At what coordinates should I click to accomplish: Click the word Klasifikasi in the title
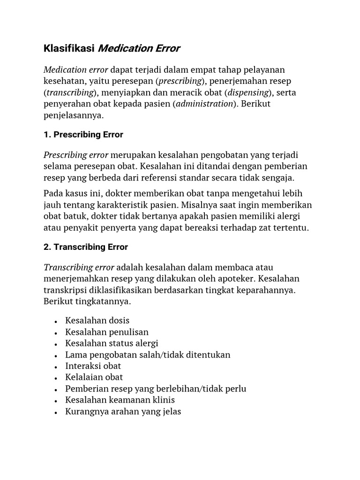(x=69, y=48)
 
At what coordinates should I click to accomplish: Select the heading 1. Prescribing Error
(x=83, y=135)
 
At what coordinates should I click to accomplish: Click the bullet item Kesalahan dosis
(x=97, y=321)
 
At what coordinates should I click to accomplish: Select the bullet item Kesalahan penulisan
(x=107, y=332)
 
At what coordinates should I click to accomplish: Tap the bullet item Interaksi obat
(x=93, y=366)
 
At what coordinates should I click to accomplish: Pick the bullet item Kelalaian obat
(x=94, y=377)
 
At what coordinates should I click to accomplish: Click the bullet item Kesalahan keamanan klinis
(x=120, y=400)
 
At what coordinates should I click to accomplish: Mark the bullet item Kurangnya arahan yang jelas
(x=123, y=412)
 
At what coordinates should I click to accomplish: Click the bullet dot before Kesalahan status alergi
(x=56, y=344)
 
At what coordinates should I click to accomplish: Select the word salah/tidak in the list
(x=157, y=355)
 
